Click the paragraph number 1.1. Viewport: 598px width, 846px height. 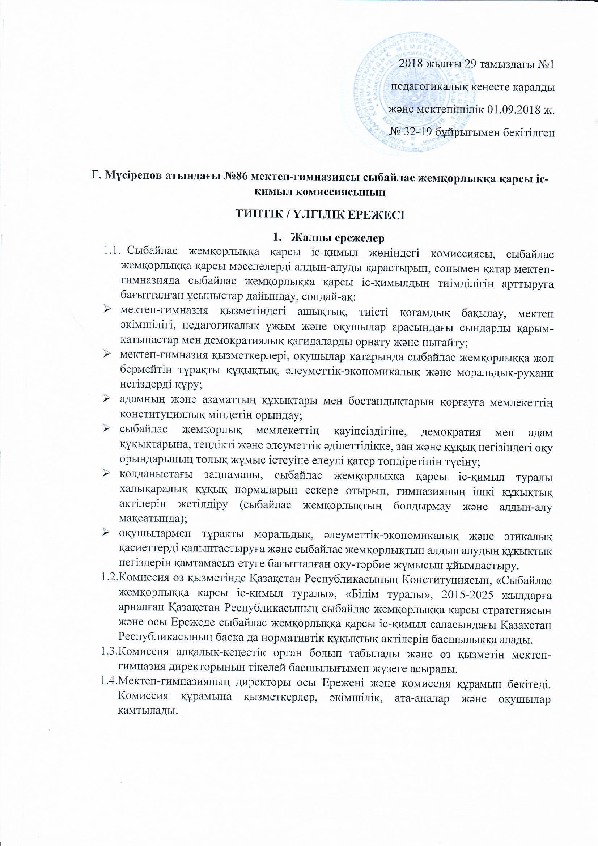click(111, 253)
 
